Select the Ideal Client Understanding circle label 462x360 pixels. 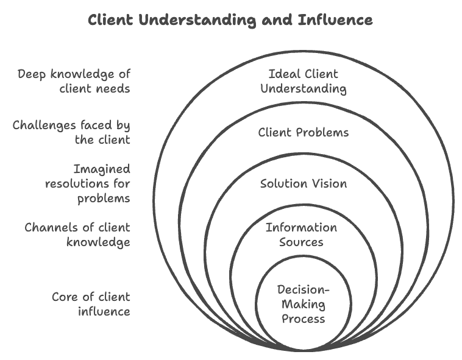[303, 81]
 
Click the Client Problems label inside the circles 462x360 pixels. [303, 132]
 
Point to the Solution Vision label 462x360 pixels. [303, 183]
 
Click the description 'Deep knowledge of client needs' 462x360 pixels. [73, 81]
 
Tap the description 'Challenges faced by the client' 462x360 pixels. [71, 132]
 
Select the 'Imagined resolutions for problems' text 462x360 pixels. [87, 183]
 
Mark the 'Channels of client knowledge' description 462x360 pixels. [77, 235]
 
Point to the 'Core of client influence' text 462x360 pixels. [91, 304]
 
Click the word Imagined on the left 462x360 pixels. [101, 169]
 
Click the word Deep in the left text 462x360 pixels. [32, 74]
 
